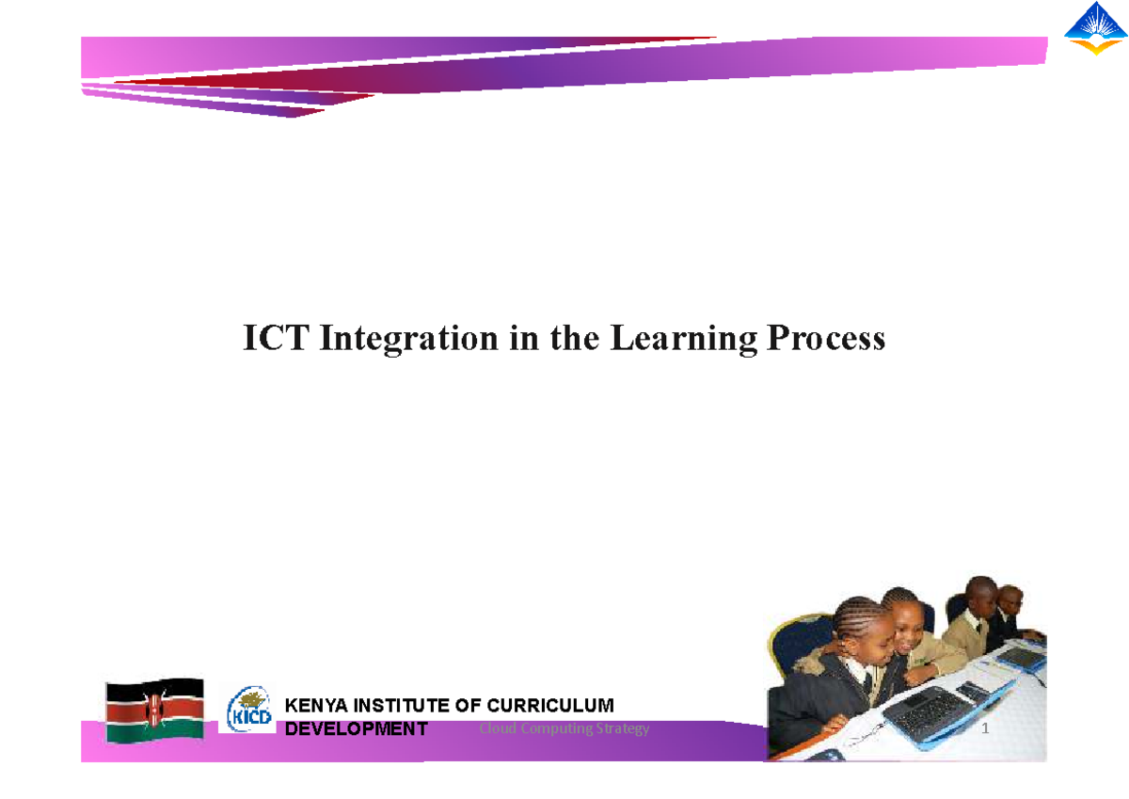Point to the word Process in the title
(x=825, y=338)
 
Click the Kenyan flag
(x=154, y=710)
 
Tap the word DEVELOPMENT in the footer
(x=356, y=729)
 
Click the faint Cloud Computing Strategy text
(x=564, y=728)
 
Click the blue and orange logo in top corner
(x=1095, y=28)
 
